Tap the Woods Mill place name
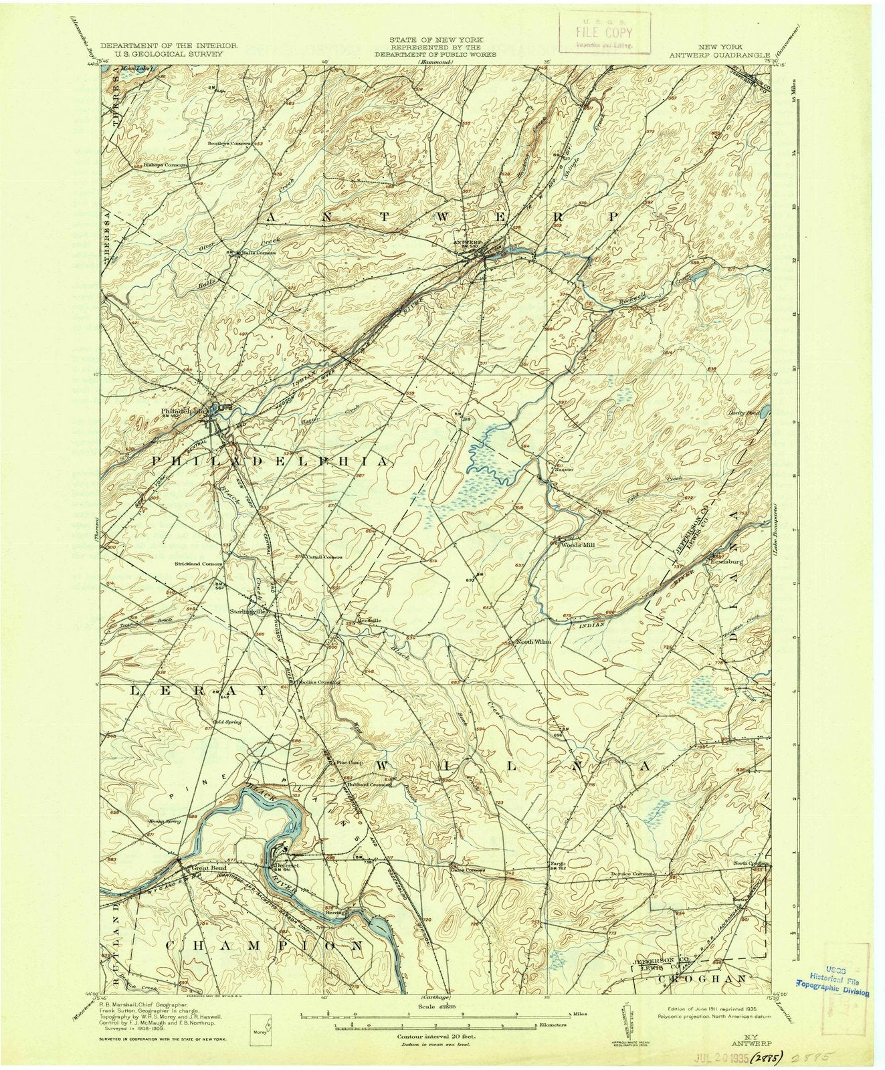click(x=576, y=544)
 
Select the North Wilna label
click(x=532, y=642)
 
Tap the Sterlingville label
click(x=250, y=611)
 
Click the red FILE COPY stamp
click(x=605, y=33)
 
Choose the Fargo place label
click(x=559, y=863)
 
